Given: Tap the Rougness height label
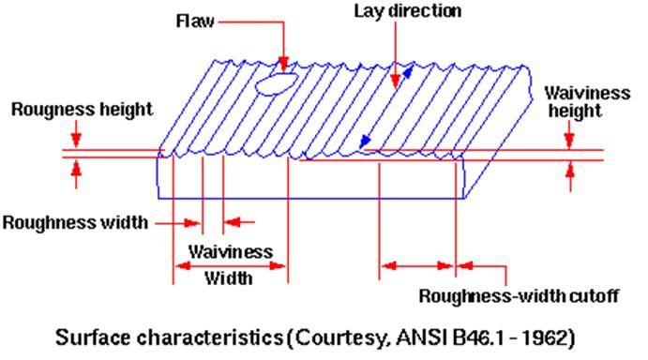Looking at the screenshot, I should pos(82,110).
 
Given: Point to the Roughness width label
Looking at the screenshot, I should pos(75,222).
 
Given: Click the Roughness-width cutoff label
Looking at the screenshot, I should pos(518,297).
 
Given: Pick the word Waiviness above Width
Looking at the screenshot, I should pos(231,251).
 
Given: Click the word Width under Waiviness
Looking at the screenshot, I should pos(231,278).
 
